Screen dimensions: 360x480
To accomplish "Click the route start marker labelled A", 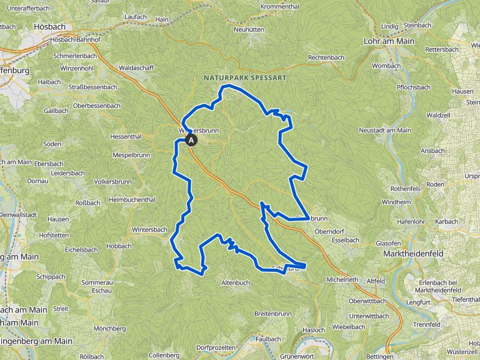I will tap(191, 141).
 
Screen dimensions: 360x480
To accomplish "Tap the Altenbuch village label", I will tap(236, 282).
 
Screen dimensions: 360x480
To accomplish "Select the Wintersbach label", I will tap(150, 230).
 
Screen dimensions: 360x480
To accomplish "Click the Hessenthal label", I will tap(126, 136).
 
